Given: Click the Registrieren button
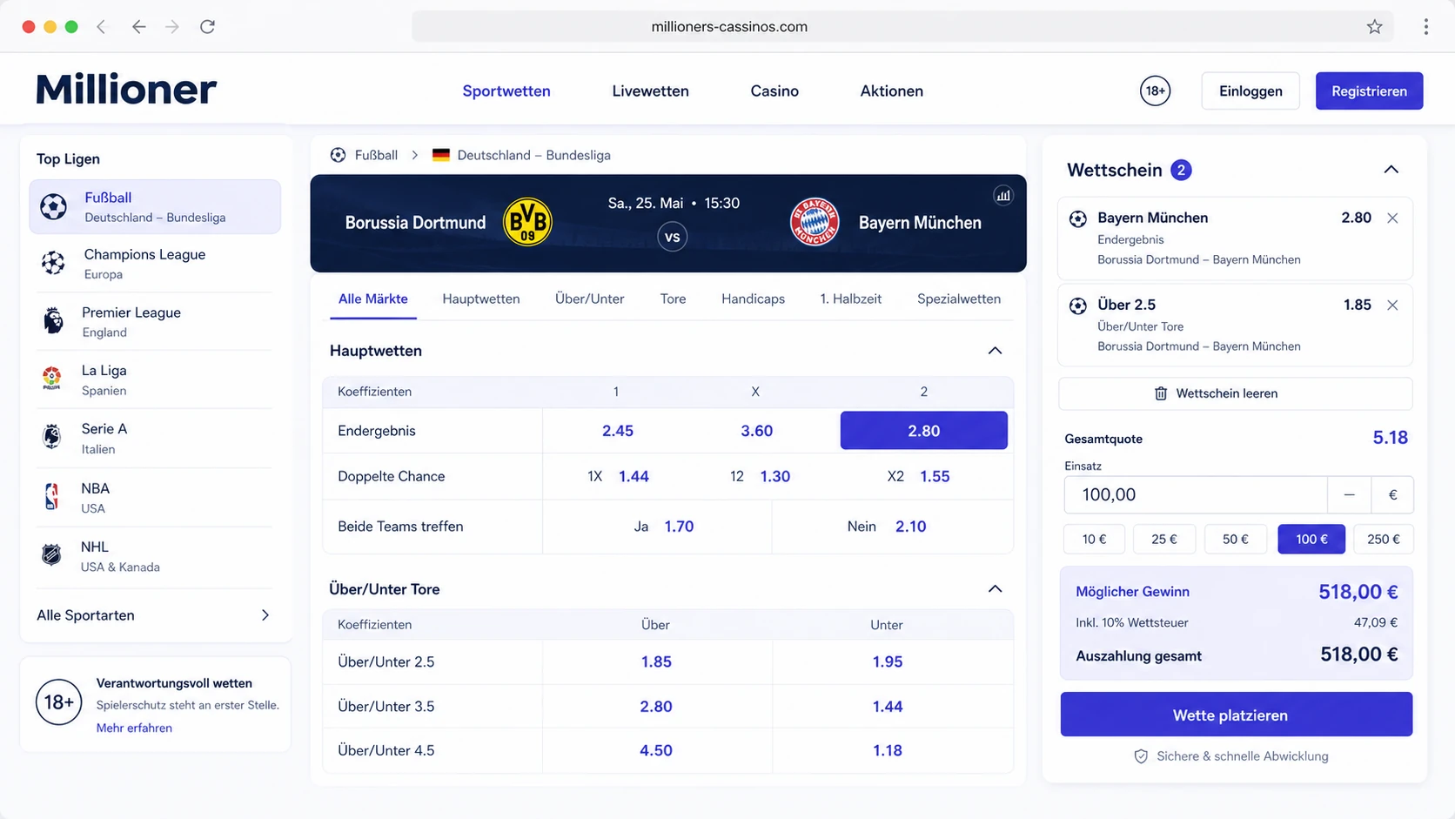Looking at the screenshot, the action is coord(1369,91).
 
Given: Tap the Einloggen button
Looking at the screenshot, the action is coord(1250,91).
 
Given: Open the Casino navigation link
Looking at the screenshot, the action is coord(774,91).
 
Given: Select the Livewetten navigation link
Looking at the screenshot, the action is coord(650,91).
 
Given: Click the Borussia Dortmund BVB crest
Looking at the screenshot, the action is coord(527,222).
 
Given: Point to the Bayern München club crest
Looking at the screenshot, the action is coord(815,222).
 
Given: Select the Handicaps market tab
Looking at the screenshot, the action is coord(753,299).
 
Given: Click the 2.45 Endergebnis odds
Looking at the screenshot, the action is coord(617,431).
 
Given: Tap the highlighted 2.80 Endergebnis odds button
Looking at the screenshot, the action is coord(923,431).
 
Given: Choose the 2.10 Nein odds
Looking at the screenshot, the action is coord(910,526).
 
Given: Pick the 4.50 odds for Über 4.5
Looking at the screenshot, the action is coord(656,750).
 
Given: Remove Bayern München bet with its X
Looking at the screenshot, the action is coord(1392,218).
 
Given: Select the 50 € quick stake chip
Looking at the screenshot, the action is coord(1236,539).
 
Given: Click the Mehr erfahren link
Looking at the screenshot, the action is coord(135,728).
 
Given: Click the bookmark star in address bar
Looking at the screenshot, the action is coord(1374,27).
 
